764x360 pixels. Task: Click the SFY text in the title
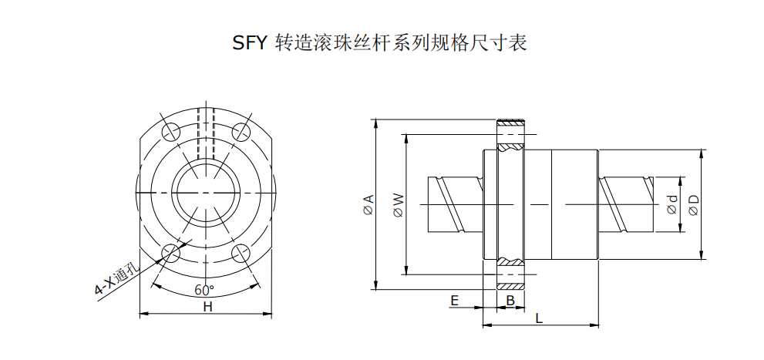click(x=251, y=42)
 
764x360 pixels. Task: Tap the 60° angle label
click(x=204, y=290)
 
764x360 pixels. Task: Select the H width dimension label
click(x=207, y=307)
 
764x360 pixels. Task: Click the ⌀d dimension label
click(x=671, y=204)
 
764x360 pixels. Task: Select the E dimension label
click(x=454, y=299)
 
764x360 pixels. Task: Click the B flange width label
click(x=510, y=300)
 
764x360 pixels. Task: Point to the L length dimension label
click(x=539, y=317)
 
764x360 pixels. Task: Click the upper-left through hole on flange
click(x=170, y=130)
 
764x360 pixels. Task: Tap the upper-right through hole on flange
click(x=241, y=130)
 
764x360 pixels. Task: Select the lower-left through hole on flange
click(x=170, y=253)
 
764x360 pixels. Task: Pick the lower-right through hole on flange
click(x=241, y=253)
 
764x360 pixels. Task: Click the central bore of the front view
click(x=206, y=191)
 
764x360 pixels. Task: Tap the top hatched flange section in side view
click(x=510, y=133)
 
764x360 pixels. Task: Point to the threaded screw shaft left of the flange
click(x=455, y=204)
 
